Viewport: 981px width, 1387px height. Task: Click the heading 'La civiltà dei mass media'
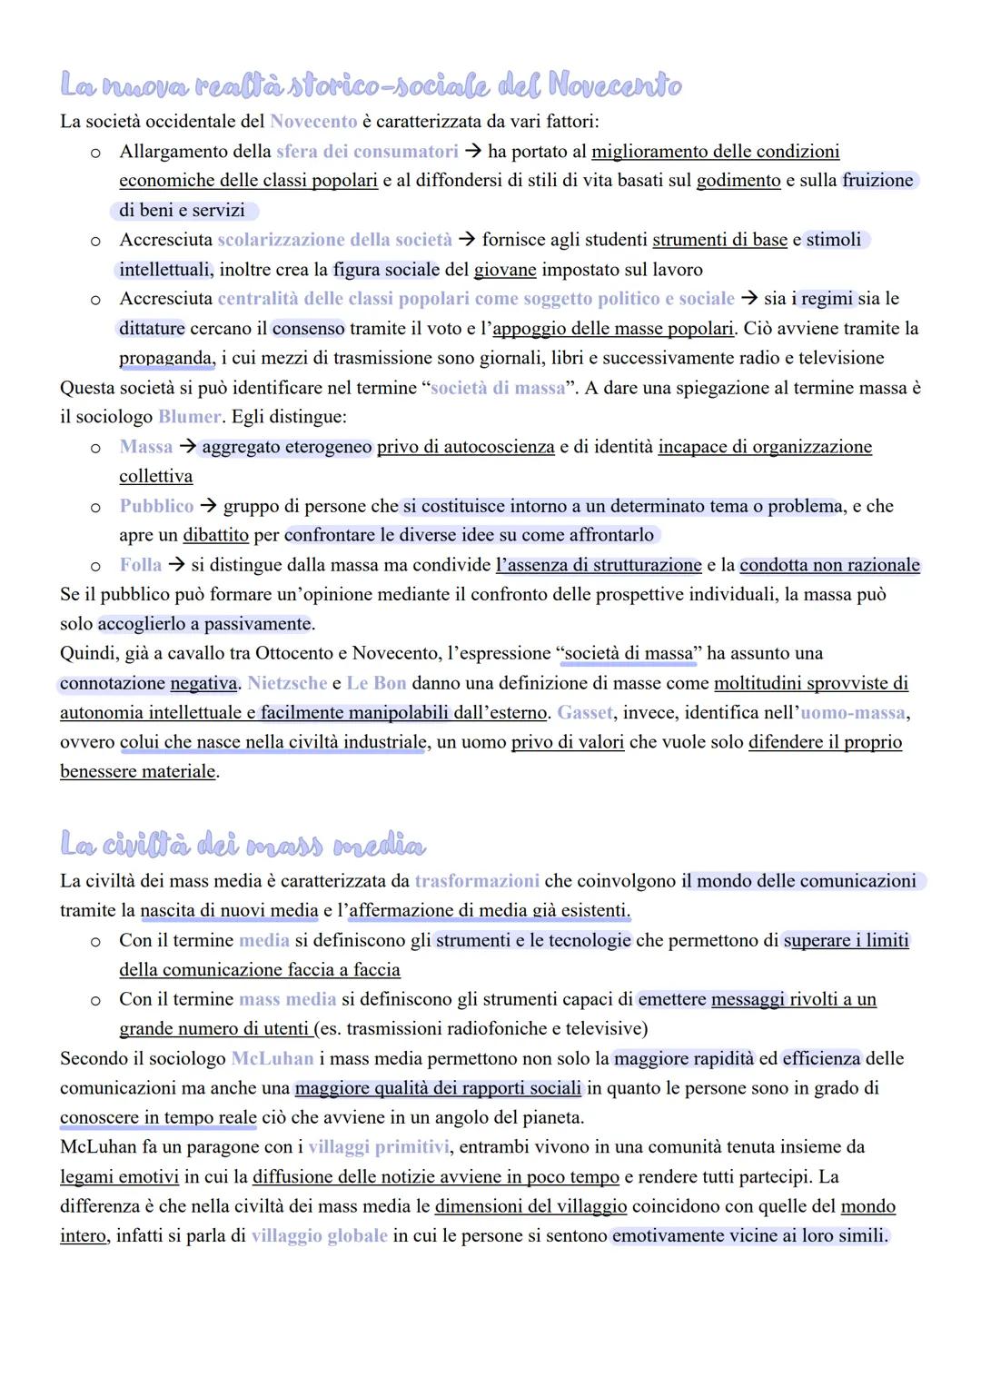pos(243,845)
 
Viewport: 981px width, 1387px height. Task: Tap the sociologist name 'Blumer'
pos(189,417)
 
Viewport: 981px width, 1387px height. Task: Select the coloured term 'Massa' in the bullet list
pos(145,447)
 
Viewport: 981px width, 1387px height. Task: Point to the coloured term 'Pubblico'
pos(156,506)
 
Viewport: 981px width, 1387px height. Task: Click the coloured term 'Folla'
pos(141,565)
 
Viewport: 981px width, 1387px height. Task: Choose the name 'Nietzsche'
pos(286,683)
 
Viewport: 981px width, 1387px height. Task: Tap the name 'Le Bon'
pos(376,683)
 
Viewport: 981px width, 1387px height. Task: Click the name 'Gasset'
pos(585,712)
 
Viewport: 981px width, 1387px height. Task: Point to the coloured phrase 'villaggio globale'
pos(319,1235)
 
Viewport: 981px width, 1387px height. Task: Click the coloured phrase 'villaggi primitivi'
pos(378,1146)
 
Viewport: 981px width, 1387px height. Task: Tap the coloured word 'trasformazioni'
pos(477,881)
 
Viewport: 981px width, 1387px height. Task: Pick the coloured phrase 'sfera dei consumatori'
pos(367,151)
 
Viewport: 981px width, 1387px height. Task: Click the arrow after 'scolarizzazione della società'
pos(467,240)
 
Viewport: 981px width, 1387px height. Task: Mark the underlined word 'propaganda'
pos(165,358)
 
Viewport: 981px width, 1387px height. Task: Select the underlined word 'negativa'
pos(203,683)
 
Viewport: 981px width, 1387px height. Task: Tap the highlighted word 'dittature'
pos(152,328)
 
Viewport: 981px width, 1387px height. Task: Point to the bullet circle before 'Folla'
pos(95,566)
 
